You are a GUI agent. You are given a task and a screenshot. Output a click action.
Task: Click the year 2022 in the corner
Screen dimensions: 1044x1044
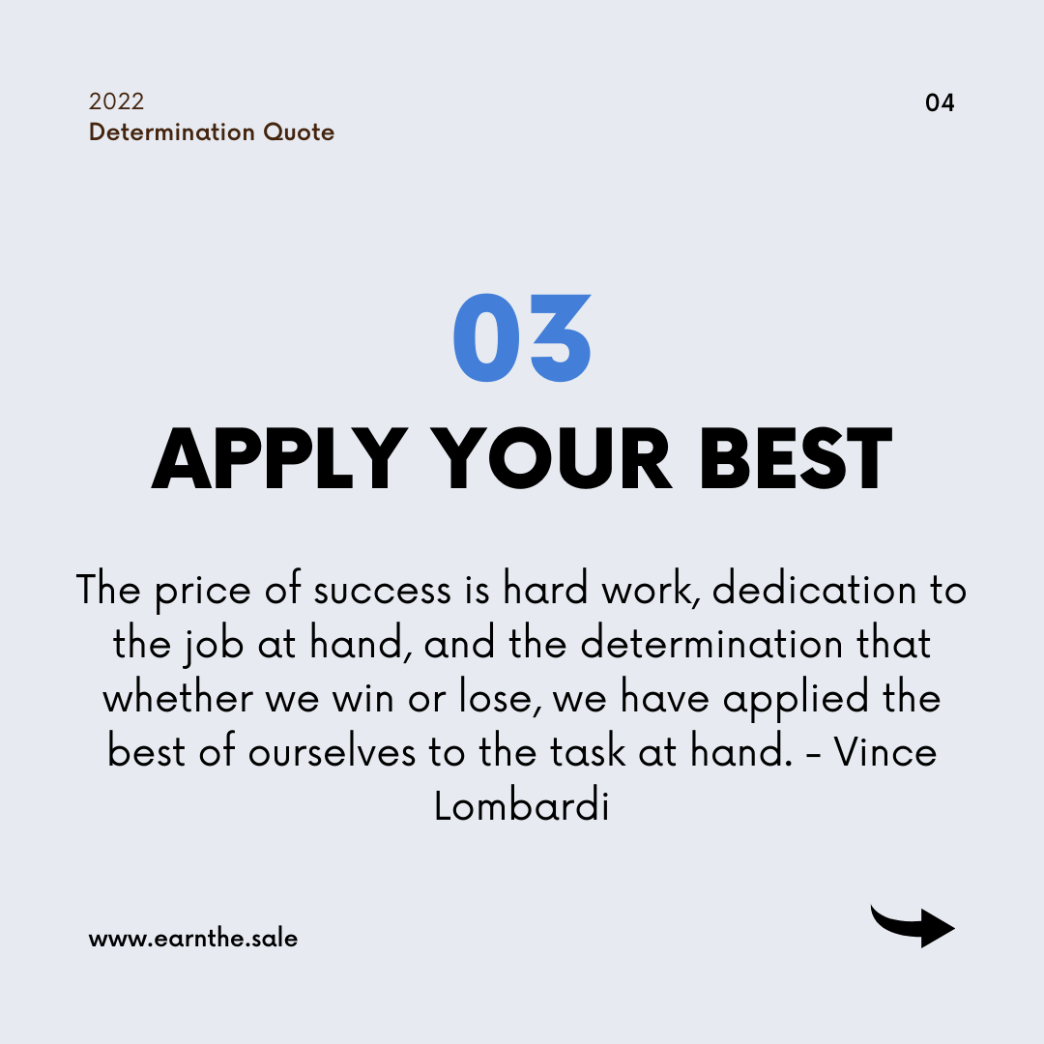tap(117, 101)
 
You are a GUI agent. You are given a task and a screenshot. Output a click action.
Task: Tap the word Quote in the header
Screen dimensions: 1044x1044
tap(299, 131)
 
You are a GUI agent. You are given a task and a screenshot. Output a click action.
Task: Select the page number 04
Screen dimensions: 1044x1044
tap(940, 102)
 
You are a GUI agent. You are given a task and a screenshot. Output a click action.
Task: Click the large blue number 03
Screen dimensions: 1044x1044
tap(522, 337)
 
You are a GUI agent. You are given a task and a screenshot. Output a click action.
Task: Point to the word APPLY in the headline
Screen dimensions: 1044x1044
tap(279, 459)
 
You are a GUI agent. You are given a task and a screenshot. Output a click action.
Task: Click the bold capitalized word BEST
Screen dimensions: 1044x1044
tap(795, 459)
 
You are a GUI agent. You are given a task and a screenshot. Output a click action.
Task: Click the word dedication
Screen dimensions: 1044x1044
tap(814, 590)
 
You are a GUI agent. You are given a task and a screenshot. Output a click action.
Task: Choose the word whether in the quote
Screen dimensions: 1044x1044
tap(178, 698)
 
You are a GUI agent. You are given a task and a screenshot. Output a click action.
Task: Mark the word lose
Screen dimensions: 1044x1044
tap(499, 698)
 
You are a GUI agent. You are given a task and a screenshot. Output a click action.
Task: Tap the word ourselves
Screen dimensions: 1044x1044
tap(333, 752)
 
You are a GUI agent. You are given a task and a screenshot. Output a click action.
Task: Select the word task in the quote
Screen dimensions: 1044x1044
tap(588, 752)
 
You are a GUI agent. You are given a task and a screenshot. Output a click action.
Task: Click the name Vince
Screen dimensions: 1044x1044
tap(885, 752)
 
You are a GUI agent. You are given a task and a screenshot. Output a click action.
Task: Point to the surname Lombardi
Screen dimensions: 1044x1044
tap(522, 806)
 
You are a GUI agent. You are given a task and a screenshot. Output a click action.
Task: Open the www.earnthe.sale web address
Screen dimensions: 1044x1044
tap(193, 938)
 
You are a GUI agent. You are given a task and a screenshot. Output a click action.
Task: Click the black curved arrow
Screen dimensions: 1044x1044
tap(913, 925)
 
